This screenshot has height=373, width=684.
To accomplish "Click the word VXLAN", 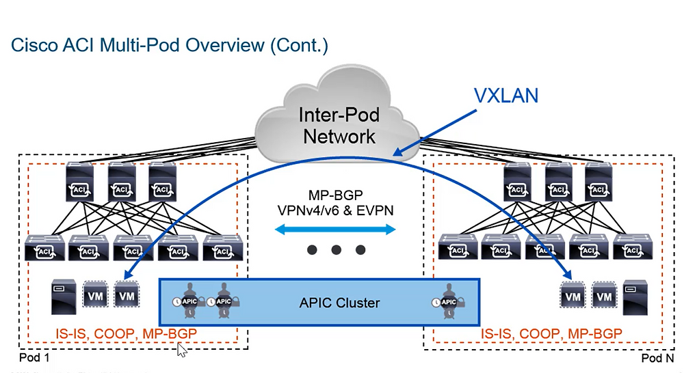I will click(x=506, y=95).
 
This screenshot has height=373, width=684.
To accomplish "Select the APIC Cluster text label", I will click(x=339, y=302).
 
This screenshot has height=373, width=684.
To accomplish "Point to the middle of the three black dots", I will click(x=336, y=250).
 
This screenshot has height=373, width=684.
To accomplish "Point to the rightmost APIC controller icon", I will click(x=449, y=301).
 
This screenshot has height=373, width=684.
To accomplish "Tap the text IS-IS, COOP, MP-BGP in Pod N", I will click(x=551, y=333).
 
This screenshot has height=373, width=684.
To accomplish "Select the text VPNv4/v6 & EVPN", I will click(x=335, y=210).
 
